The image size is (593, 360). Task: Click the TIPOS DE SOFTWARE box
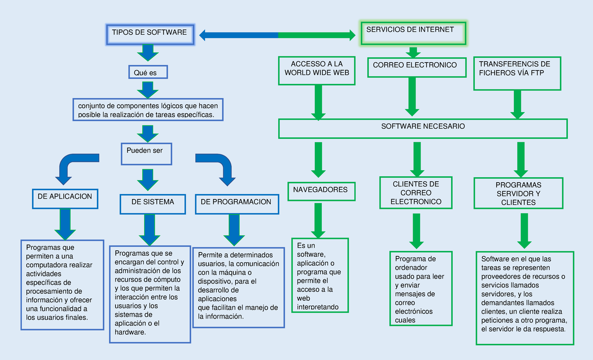point(150,34)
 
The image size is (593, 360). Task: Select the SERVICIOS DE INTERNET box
point(413,33)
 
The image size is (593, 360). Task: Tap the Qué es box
point(148,72)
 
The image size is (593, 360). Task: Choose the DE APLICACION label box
point(65,198)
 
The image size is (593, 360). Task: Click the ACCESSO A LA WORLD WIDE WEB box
point(316,71)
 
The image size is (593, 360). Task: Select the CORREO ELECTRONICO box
point(416,67)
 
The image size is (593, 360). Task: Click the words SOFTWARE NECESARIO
point(423,126)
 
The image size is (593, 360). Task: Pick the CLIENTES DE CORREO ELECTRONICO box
point(416,193)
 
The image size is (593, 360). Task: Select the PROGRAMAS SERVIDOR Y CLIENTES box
point(518,194)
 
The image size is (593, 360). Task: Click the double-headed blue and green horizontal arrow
point(278,35)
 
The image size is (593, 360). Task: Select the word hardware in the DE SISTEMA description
point(130,332)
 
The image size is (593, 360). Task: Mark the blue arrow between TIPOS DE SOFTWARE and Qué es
point(147,53)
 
